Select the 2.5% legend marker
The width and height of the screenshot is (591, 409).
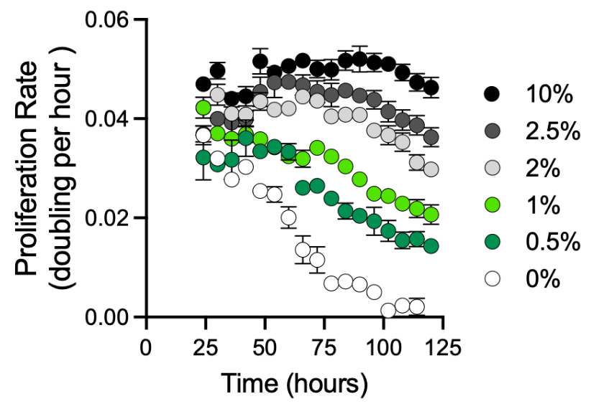(x=492, y=131)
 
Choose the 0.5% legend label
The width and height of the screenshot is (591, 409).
(x=553, y=242)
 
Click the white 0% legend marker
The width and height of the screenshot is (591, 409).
(x=492, y=278)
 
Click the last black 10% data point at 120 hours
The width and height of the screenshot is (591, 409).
(x=431, y=88)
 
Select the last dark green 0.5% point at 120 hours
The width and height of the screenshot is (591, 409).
(x=431, y=246)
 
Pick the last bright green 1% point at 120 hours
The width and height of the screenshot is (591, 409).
(x=431, y=215)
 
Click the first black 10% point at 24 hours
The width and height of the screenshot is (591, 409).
(x=203, y=84)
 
